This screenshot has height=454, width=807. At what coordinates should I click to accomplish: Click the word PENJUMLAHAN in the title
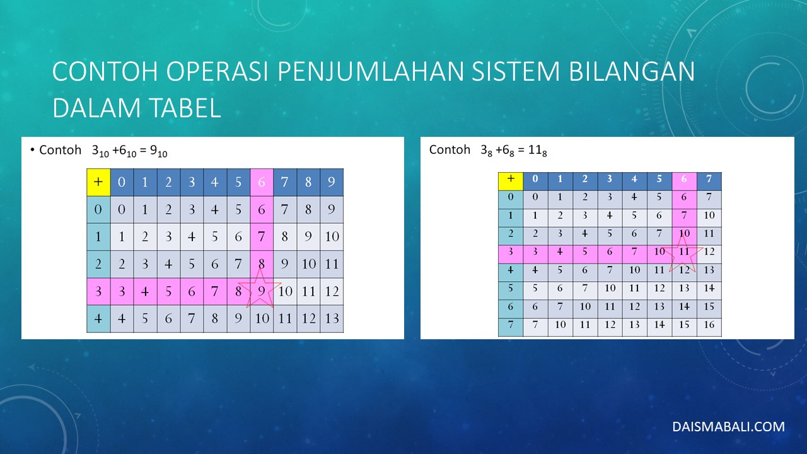click(x=371, y=71)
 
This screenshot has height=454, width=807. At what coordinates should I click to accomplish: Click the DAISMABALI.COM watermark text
click(x=728, y=427)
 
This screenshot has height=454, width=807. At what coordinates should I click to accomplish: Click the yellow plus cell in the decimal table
click(x=98, y=182)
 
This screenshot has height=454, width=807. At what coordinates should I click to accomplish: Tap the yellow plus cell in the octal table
click(x=511, y=181)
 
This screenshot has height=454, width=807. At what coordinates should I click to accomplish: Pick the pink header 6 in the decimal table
click(x=262, y=182)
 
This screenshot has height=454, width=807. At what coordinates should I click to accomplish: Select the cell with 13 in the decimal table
click(x=332, y=319)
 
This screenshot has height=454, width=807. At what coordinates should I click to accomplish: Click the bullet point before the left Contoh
click(x=32, y=149)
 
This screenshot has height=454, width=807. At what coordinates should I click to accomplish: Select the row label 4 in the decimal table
click(x=98, y=319)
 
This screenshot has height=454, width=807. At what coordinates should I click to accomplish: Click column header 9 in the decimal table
click(x=332, y=182)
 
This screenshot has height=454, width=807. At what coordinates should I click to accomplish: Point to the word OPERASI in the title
click(x=217, y=71)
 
